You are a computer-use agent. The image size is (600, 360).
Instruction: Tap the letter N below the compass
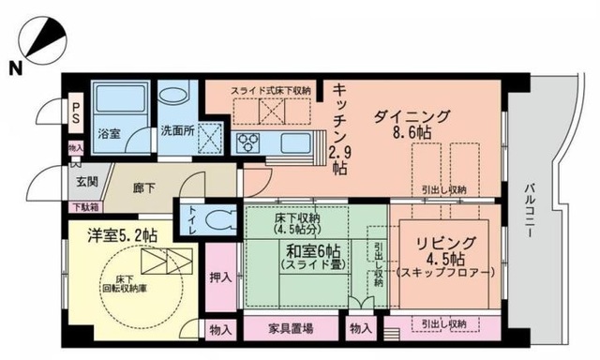[17, 67]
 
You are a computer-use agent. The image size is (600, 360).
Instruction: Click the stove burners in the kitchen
[249, 142]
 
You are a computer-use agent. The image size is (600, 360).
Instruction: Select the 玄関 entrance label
[77, 181]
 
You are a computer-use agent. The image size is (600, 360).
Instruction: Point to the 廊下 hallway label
[144, 187]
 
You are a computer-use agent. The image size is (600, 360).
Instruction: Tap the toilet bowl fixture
[221, 221]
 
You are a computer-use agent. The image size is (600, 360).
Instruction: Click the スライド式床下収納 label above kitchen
[272, 90]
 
